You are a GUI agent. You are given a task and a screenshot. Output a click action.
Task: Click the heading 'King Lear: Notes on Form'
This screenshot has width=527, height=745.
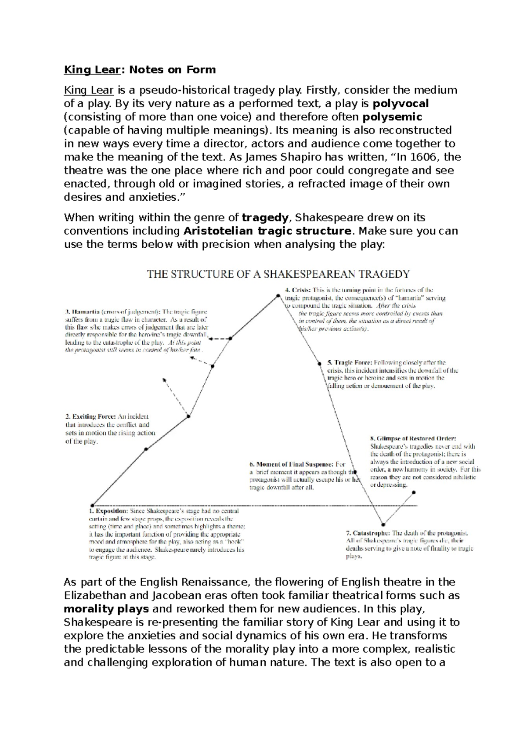[140, 69]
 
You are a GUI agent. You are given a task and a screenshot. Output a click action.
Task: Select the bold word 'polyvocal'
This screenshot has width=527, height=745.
[401, 104]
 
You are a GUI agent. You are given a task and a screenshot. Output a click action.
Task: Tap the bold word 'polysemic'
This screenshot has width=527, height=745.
[392, 117]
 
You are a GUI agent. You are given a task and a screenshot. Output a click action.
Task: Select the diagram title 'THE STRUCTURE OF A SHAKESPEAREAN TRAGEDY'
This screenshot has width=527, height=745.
[278, 275]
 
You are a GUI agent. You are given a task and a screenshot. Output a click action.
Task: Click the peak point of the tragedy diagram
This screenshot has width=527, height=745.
[277, 296]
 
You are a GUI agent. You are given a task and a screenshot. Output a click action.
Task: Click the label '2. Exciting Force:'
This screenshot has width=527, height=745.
[90, 416]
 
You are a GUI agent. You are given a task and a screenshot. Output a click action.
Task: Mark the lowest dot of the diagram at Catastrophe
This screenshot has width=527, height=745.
[383, 524]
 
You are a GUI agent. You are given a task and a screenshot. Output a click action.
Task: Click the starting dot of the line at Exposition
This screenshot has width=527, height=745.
[92, 505]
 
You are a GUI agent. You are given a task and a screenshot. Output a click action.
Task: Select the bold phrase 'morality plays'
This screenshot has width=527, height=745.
[106, 609]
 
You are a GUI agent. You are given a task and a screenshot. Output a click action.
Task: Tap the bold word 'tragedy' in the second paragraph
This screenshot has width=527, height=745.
[265, 218]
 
